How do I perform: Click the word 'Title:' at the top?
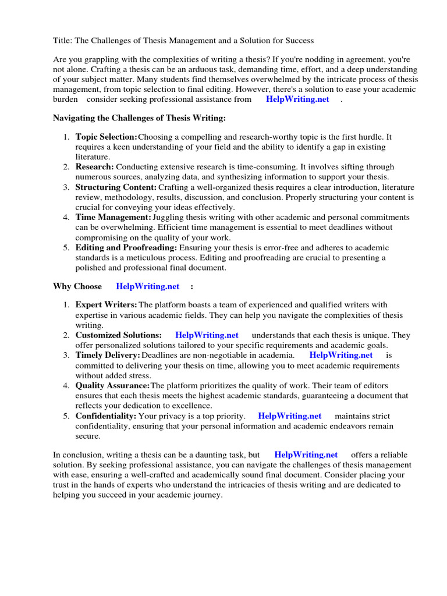(x=63, y=41)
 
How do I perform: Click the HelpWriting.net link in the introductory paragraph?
(x=297, y=100)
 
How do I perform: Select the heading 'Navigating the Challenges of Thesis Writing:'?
(x=139, y=118)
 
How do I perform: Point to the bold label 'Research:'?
(x=94, y=167)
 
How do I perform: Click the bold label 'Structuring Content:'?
(x=116, y=187)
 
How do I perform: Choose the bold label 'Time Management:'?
(x=113, y=217)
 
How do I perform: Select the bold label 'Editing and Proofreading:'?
(x=126, y=247)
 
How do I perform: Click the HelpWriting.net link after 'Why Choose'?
(x=148, y=286)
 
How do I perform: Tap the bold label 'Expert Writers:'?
(x=106, y=305)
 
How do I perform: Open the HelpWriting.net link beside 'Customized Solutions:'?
(x=207, y=335)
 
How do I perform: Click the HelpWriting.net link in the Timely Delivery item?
(x=340, y=355)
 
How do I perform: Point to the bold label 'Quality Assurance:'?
(x=112, y=385)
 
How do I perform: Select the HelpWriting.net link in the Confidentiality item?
(x=289, y=416)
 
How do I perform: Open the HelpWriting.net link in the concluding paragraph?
(x=306, y=455)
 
